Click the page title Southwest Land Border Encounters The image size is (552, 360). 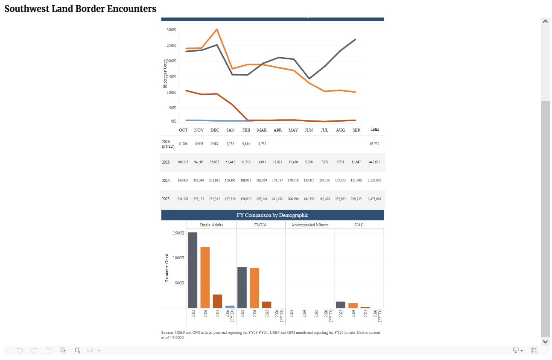[80, 9]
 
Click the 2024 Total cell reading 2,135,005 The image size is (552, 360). [374, 181]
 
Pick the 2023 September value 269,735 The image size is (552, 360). [356, 199]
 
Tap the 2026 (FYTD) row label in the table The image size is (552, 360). [168, 143]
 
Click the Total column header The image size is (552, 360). [374, 129]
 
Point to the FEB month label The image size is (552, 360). [246, 130]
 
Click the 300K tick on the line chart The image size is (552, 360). [171, 30]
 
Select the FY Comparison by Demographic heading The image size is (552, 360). [272, 215]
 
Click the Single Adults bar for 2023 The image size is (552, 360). [193, 270]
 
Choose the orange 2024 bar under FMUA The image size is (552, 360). [254, 288]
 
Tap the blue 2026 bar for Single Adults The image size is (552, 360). [230, 307]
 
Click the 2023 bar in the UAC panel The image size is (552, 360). [341, 305]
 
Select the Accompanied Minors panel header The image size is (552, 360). [310, 225]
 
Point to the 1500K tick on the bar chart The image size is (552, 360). [178, 233]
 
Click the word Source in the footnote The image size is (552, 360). [167, 332]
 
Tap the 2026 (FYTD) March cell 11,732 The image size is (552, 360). [262, 144]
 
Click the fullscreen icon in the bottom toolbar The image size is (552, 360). [534, 351]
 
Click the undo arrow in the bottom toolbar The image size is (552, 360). [20, 351]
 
